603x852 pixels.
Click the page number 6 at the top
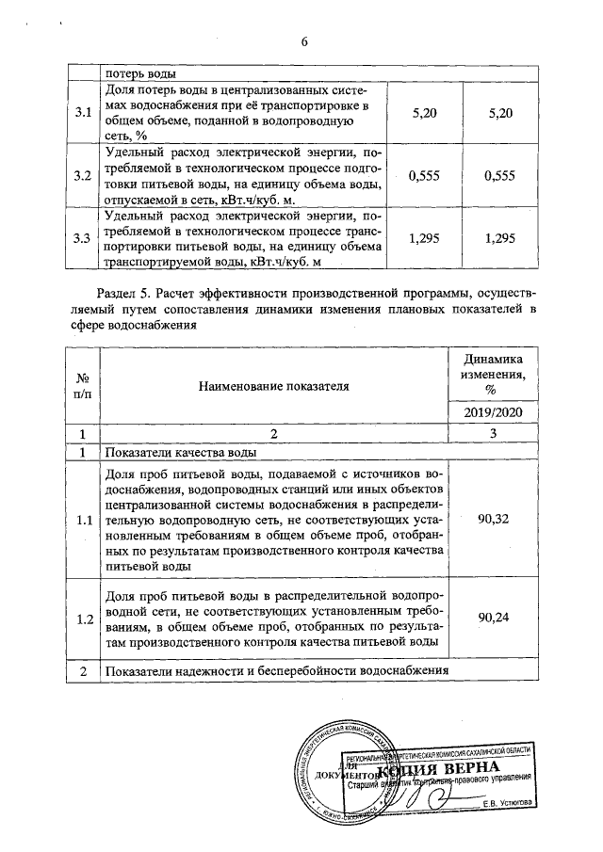pyautogui.click(x=303, y=42)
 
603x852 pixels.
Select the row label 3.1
pyautogui.click(x=82, y=113)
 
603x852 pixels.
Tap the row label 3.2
pyautogui.click(x=82, y=175)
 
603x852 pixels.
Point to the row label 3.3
pyautogui.click(x=82, y=238)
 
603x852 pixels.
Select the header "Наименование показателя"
pyautogui.click(x=273, y=384)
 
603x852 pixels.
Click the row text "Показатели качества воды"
pyautogui.click(x=180, y=451)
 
